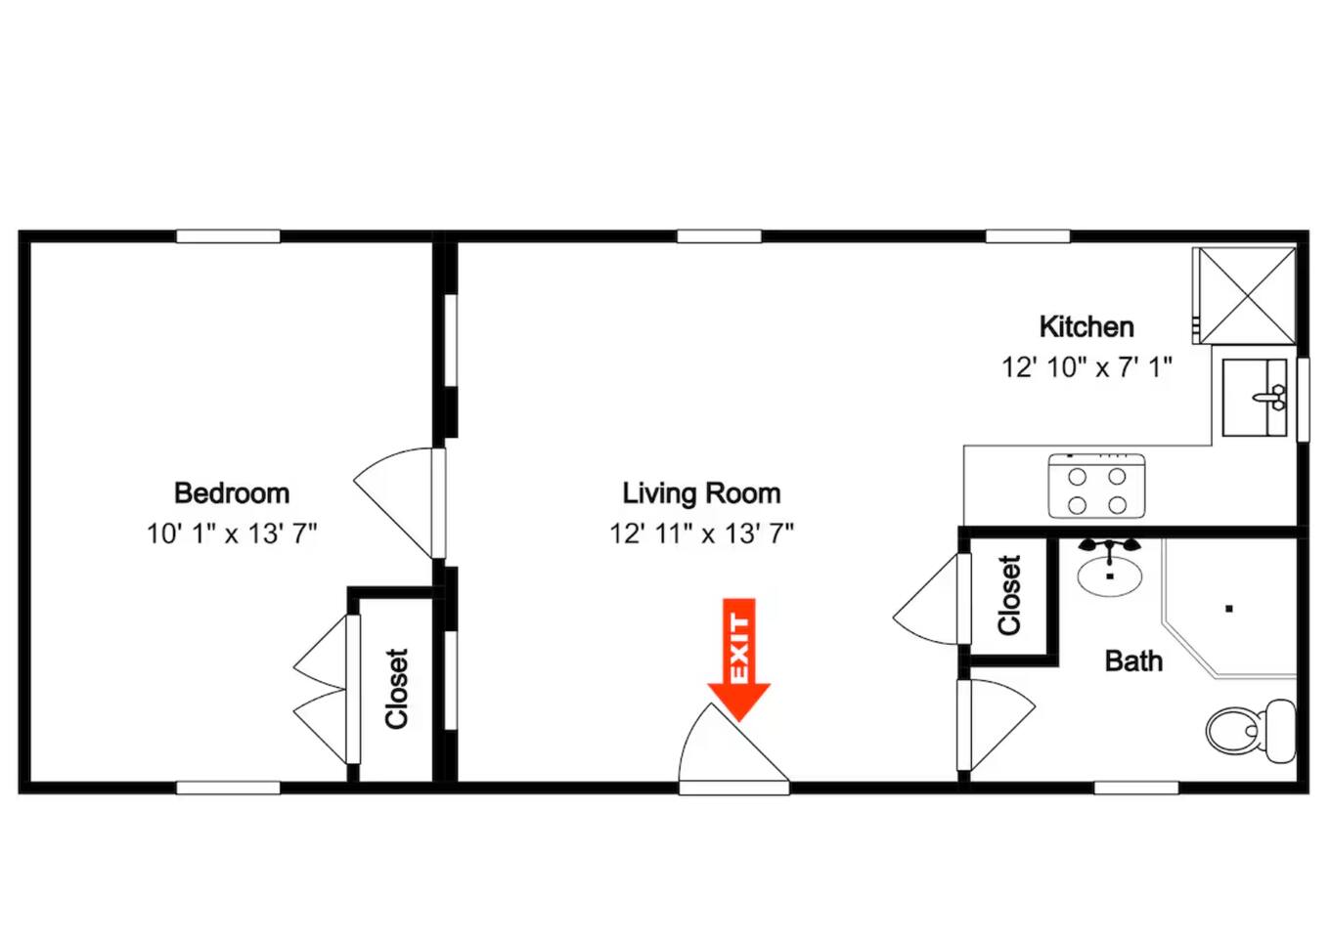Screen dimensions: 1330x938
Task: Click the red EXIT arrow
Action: [x=738, y=660]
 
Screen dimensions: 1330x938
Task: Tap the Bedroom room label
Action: [x=232, y=493]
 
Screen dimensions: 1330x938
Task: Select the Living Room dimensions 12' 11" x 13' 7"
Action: [x=701, y=533]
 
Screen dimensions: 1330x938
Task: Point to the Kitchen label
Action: [x=1086, y=327]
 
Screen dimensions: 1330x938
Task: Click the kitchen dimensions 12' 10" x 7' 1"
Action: [x=1086, y=367]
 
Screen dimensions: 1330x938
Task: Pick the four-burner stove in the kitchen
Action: [x=1096, y=486]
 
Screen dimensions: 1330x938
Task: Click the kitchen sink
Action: [x=1255, y=398]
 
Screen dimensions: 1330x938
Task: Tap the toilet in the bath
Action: [x=1251, y=731]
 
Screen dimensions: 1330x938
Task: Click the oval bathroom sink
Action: [x=1110, y=575]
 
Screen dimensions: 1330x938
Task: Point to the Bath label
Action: [x=1133, y=661]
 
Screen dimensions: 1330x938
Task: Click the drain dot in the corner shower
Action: [x=1229, y=608]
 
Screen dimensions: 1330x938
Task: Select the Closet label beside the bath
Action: [x=1009, y=595]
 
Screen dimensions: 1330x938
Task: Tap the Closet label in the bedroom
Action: [x=397, y=689]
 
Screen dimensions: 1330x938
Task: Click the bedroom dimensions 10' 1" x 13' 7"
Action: [x=232, y=533]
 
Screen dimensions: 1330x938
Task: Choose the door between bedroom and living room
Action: [x=399, y=503]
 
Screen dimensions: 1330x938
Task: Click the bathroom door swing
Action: [x=997, y=724]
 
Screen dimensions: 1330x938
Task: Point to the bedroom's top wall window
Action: [x=228, y=236]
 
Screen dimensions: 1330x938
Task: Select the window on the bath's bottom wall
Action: [x=1136, y=788]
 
